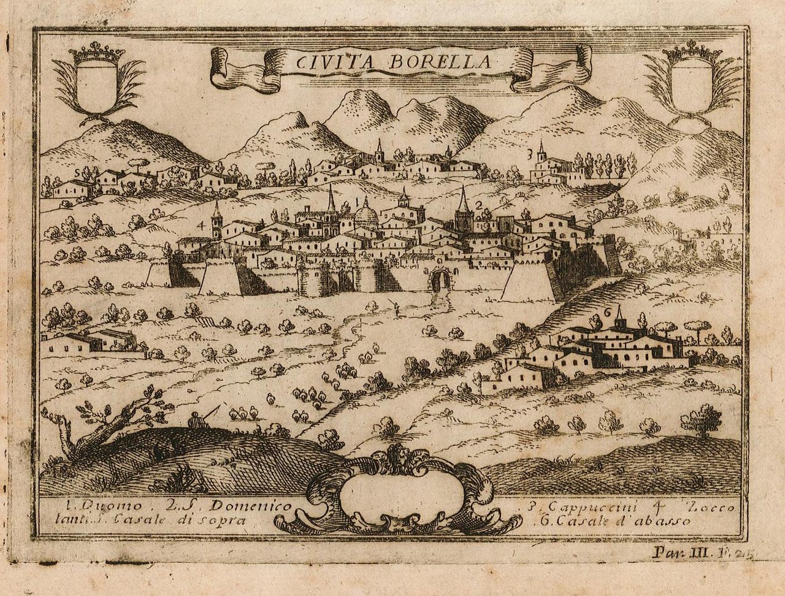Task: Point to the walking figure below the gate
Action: (x=396, y=308)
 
